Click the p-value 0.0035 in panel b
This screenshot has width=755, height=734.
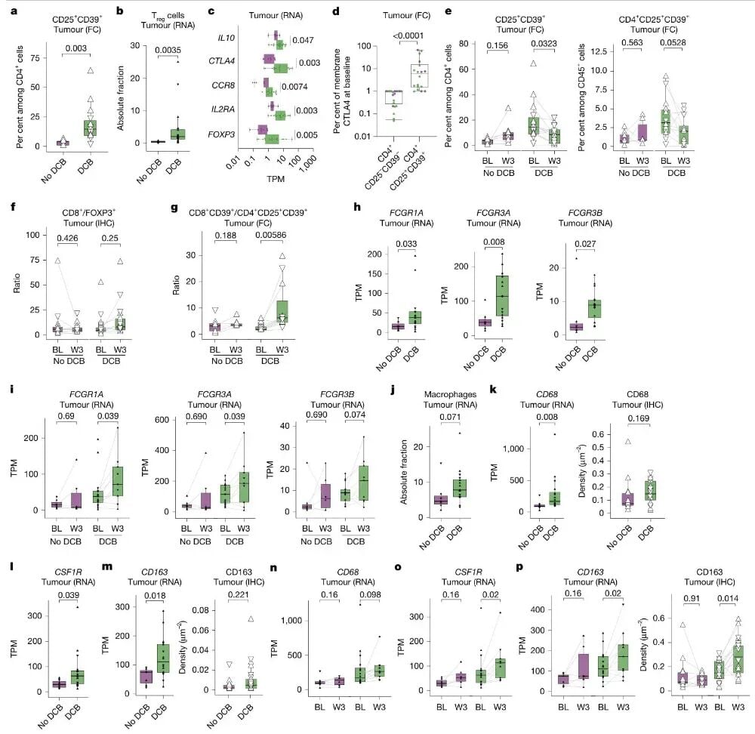click(168, 50)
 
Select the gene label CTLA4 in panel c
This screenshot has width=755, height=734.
click(221, 61)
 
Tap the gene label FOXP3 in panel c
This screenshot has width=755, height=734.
click(221, 134)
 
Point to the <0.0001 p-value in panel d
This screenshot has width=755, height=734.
click(408, 35)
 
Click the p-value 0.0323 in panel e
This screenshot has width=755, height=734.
click(544, 44)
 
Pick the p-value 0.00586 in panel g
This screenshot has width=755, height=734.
click(270, 235)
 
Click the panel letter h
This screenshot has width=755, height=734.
click(357, 207)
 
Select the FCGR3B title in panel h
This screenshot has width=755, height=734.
click(585, 213)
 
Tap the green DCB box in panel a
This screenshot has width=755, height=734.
click(90, 128)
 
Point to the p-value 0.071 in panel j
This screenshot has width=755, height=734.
click(450, 417)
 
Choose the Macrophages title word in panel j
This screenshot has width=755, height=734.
click(450, 394)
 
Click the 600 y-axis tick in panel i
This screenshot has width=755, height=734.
click(162, 420)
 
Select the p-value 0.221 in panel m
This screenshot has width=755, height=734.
click(239, 595)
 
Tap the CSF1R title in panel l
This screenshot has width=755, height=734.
click(68, 572)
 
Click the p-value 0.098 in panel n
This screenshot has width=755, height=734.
click(370, 595)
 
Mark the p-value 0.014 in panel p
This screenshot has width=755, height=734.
click(728, 599)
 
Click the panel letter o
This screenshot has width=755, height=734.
click(398, 567)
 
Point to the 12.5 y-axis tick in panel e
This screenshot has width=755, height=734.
click(592, 51)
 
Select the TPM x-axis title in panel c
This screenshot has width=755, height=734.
click(276, 179)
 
